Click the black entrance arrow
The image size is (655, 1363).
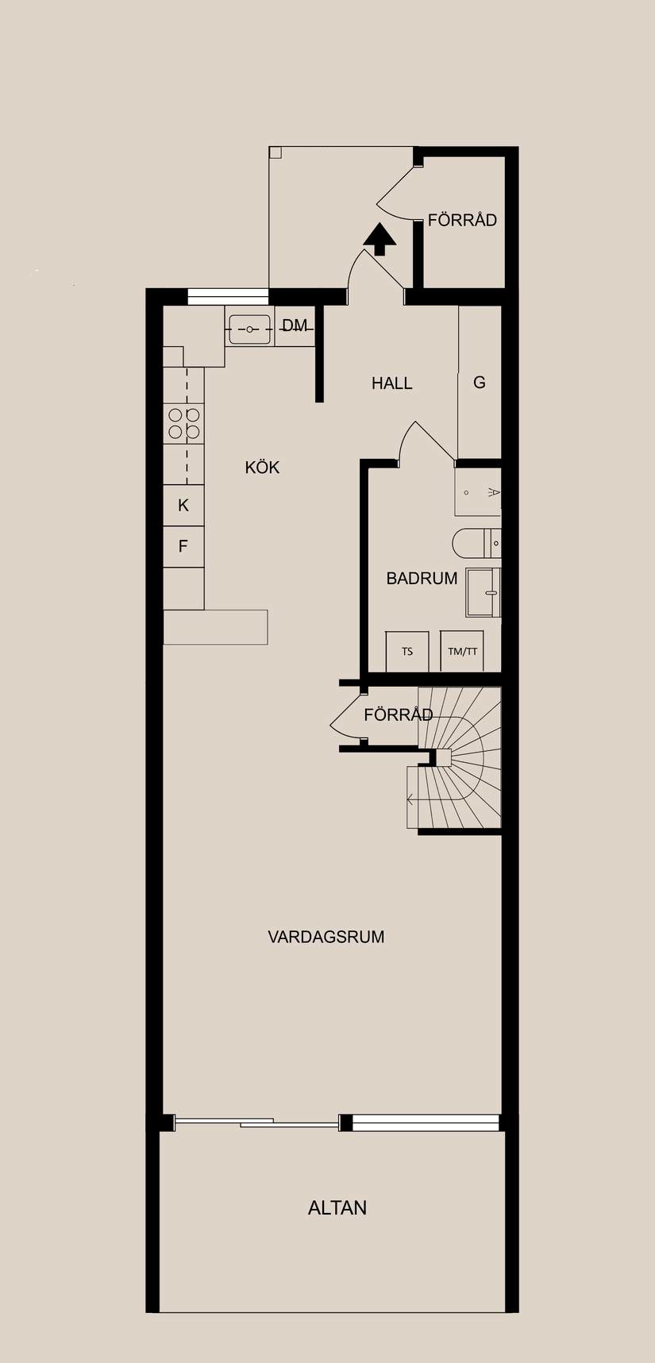click(x=380, y=239)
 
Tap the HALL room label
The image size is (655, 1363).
click(x=391, y=383)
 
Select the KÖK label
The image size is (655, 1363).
click(x=262, y=468)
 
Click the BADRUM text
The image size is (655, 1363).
click(x=422, y=579)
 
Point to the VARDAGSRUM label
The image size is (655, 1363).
click(x=326, y=937)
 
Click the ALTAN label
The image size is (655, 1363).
click(x=337, y=1208)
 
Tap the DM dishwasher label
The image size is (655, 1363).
click(x=295, y=325)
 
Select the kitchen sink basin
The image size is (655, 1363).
click(x=249, y=329)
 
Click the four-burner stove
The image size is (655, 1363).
click(x=183, y=423)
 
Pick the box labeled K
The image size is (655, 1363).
click(x=183, y=506)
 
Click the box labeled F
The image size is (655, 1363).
click(x=183, y=546)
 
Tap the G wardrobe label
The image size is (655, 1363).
click(x=480, y=383)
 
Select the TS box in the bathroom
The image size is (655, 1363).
click(x=407, y=652)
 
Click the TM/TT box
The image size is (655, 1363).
click(x=463, y=652)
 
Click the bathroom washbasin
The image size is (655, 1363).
click(x=483, y=592)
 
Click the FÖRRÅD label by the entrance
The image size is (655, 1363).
click(x=462, y=221)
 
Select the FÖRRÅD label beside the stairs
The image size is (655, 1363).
click(x=398, y=715)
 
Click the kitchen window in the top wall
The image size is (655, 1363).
click(x=228, y=297)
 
